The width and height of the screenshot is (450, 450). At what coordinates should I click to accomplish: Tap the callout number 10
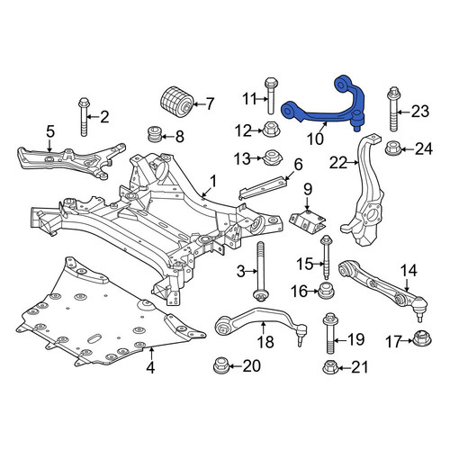click(x=315, y=139)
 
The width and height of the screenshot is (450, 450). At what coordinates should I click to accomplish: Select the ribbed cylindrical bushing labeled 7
click(x=176, y=102)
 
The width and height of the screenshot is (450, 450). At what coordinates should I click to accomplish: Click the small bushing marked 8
click(x=156, y=135)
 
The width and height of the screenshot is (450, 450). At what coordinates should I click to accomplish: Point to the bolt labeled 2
click(x=84, y=118)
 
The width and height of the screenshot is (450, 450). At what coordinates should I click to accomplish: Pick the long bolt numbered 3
click(x=260, y=272)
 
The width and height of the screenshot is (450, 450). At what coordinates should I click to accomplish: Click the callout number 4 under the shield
click(x=150, y=367)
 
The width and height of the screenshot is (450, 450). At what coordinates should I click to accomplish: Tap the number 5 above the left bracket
click(x=50, y=131)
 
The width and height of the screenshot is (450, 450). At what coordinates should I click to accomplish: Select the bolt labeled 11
click(x=271, y=95)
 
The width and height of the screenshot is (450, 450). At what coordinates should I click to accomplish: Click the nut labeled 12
click(x=271, y=130)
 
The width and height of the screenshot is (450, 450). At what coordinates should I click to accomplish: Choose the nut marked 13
click(x=271, y=157)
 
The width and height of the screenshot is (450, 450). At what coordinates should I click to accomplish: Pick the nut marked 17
click(x=422, y=340)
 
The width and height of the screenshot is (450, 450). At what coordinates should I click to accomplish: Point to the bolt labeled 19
click(x=331, y=334)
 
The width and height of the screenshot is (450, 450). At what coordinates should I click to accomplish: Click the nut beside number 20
click(x=221, y=365)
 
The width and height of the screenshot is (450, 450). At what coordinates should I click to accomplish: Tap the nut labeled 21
click(x=331, y=366)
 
